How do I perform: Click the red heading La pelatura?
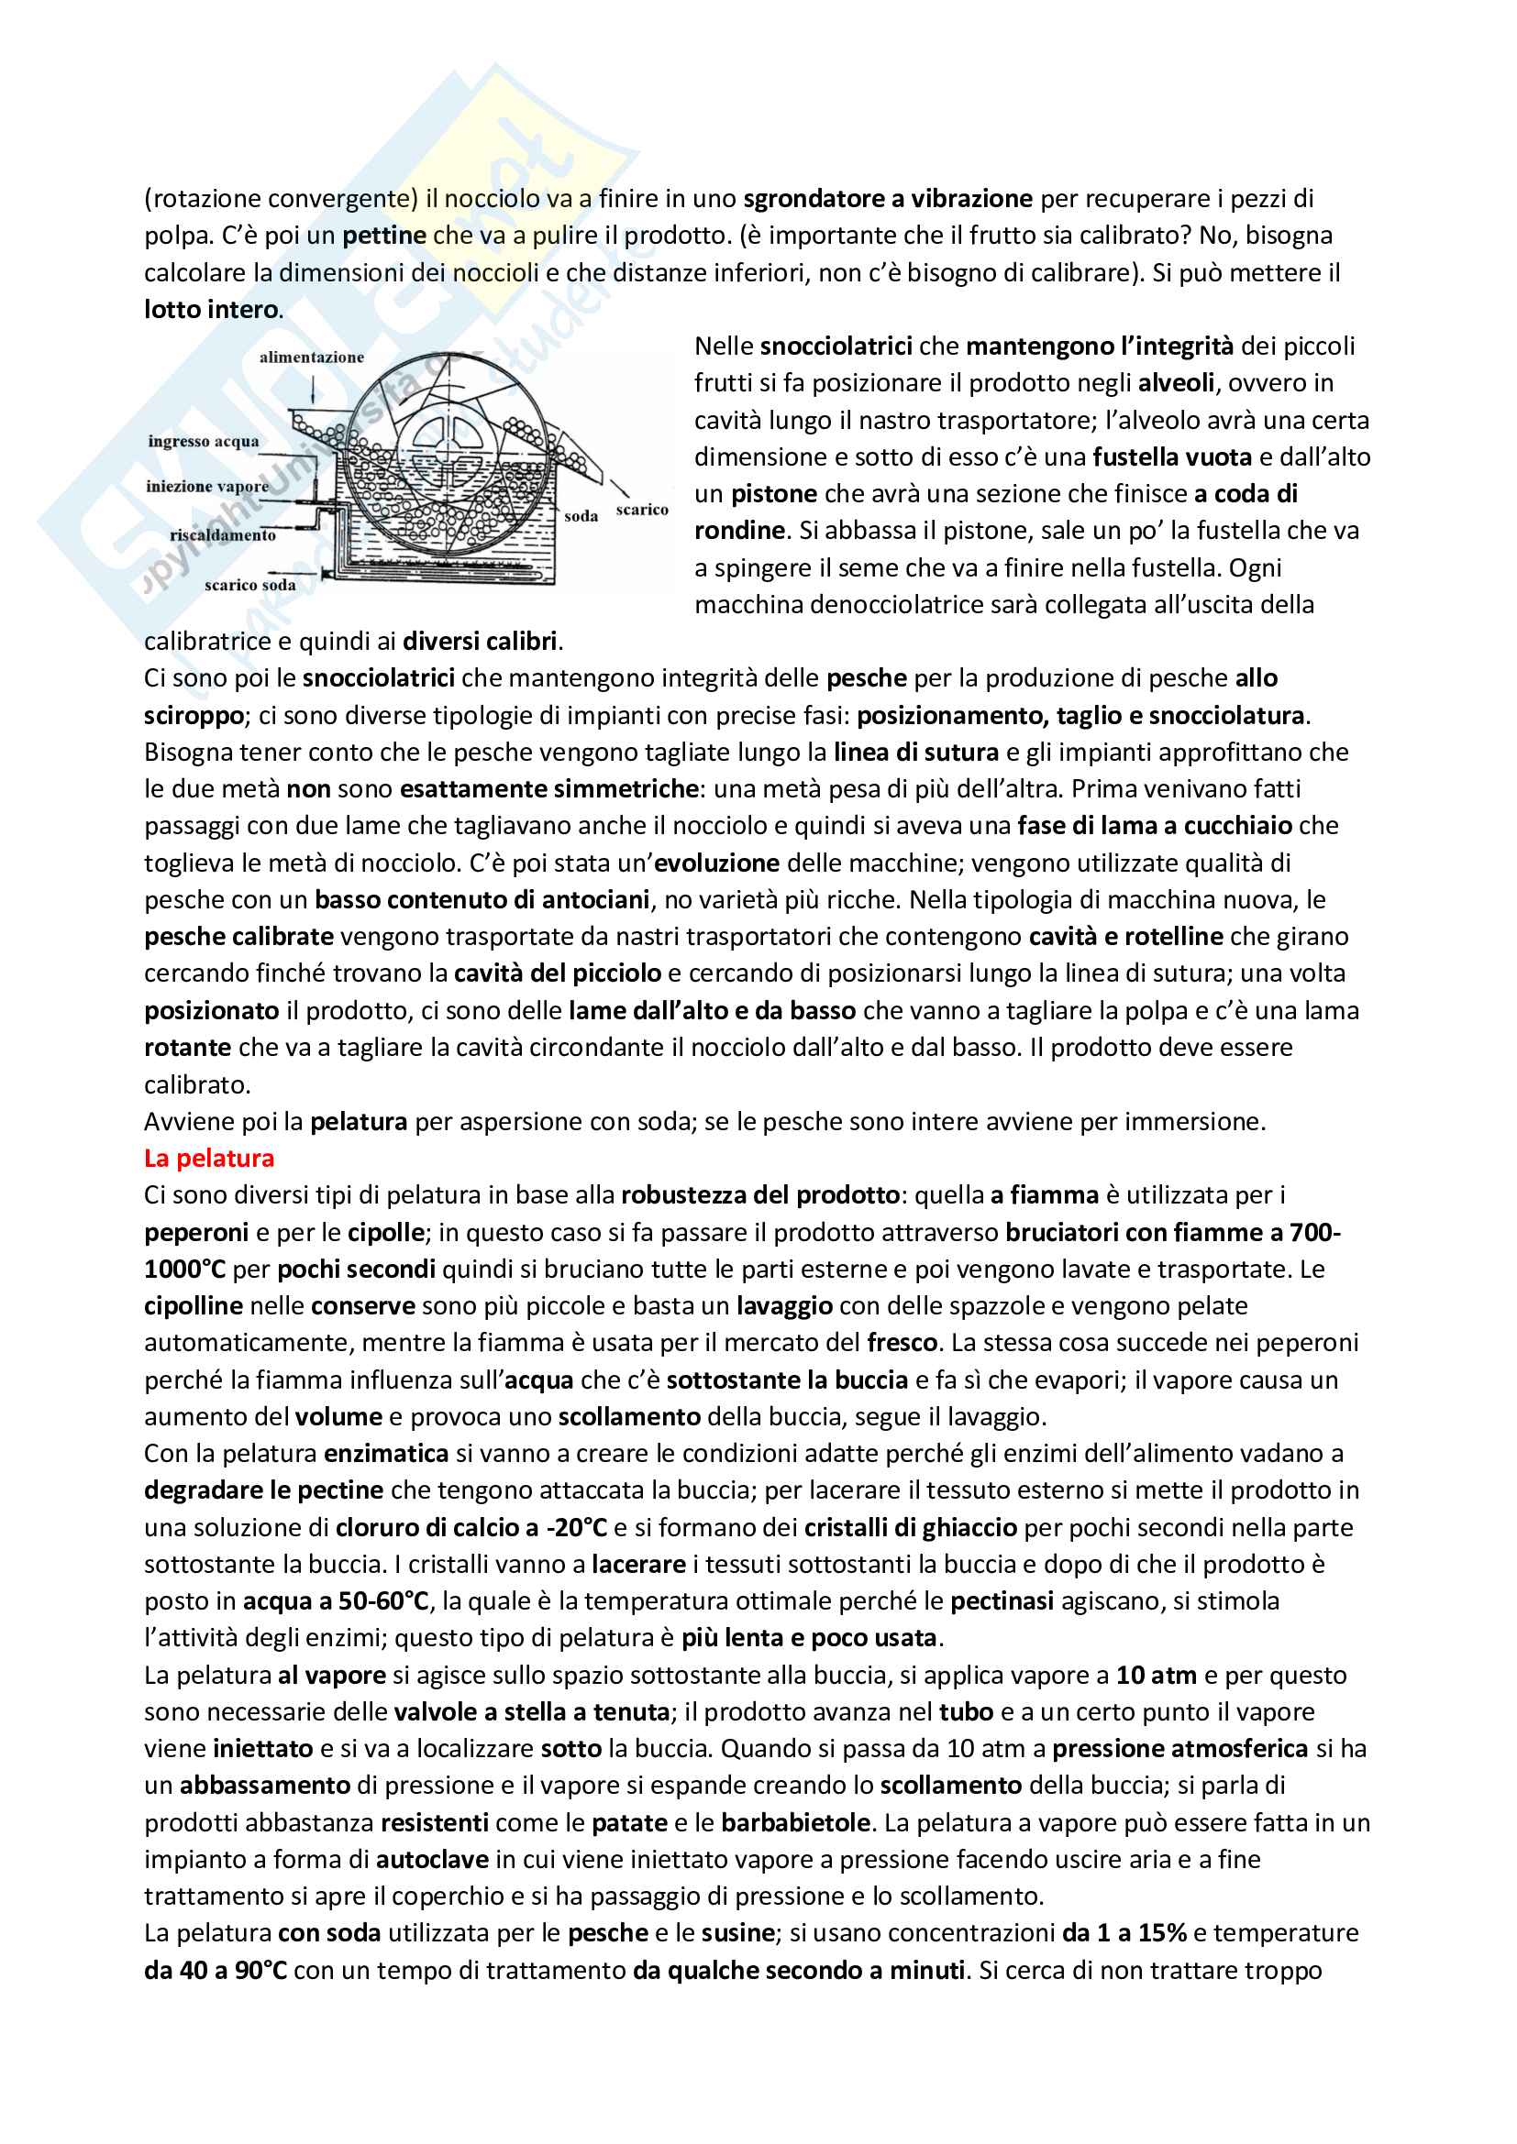click(208, 1158)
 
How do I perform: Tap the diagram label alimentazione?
click(311, 357)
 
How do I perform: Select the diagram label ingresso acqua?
click(203, 441)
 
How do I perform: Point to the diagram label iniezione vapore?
click(206, 487)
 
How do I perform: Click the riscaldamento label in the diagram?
click(222, 535)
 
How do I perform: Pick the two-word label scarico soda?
click(249, 586)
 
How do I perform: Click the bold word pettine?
click(384, 236)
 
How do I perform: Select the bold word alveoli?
click(1176, 383)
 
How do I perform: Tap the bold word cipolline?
click(194, 1305)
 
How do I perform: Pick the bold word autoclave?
click(432, 1859)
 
